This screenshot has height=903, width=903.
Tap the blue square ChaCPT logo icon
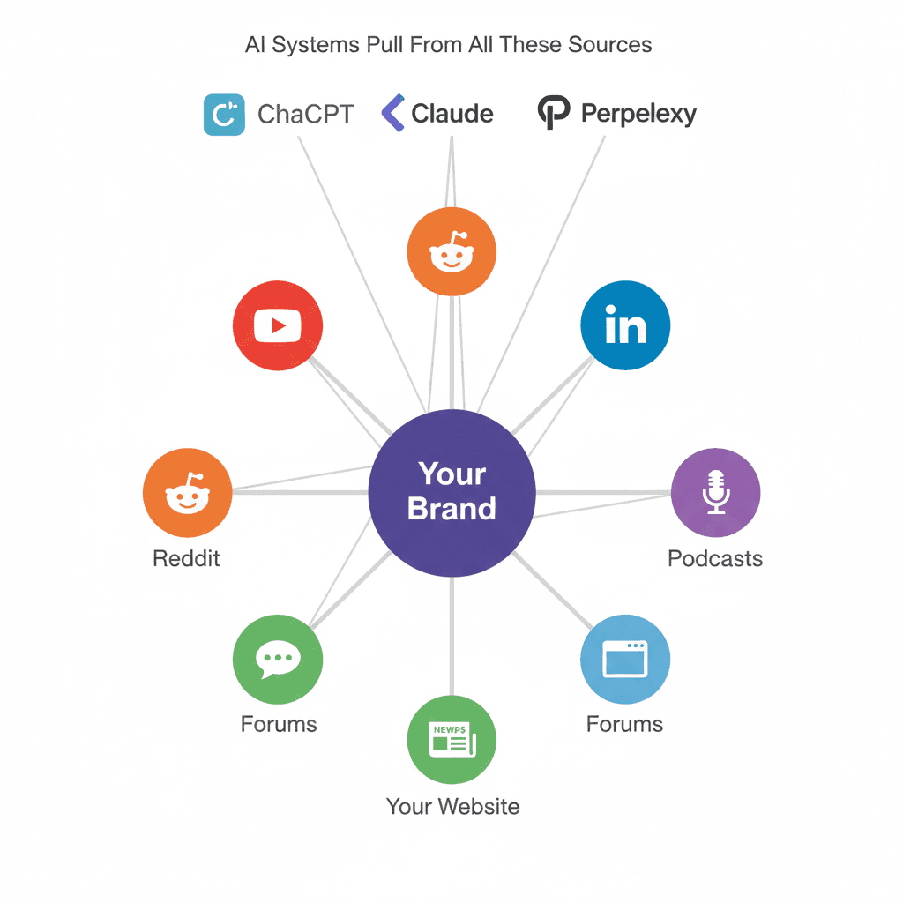pos(224,115)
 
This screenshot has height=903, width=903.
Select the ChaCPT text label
pos(305,115)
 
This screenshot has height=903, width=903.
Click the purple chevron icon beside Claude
pos(392,115)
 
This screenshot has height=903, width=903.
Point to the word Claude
pos(452,115)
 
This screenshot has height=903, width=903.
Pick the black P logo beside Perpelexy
pos(553,115)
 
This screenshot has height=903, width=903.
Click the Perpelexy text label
pos(639,115)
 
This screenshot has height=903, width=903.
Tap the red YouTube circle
pos(278,326)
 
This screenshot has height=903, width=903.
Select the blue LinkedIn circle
pos(625,325)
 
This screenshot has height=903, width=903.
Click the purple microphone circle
pos(715,493)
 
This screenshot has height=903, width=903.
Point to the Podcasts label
pos(715,558)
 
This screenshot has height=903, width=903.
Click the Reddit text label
pos(186,558)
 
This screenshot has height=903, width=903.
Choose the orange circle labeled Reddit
pos(187,493)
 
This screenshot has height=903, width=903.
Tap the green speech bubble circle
pos(278,660)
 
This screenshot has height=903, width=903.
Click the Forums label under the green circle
pos(279,725)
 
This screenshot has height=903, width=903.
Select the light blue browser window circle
pos(625,660)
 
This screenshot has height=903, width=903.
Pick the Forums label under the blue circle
pos(624,725)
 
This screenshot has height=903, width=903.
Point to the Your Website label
pos(452,806)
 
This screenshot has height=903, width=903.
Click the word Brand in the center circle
pos(451,509)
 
